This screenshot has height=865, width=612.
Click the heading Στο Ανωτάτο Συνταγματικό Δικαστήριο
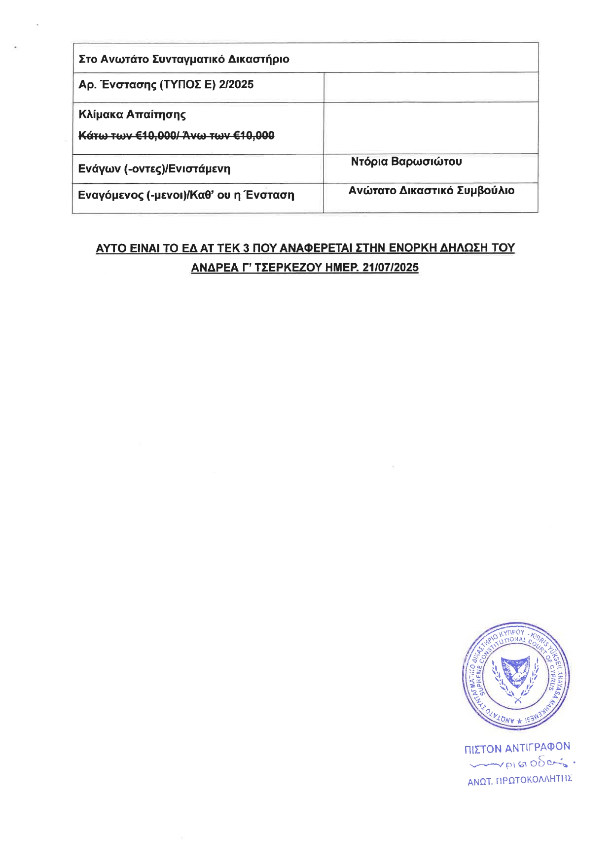184,60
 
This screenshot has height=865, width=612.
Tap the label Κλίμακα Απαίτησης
132,115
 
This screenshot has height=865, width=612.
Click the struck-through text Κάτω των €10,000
128,136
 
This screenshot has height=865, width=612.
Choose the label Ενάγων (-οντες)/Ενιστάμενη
154,169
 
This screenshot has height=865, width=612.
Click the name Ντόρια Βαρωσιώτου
406,162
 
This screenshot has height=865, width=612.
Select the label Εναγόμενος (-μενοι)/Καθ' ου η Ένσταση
186,195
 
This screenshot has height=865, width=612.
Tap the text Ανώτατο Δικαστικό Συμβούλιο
431,191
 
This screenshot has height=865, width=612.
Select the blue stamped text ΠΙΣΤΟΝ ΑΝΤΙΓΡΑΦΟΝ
517,748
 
